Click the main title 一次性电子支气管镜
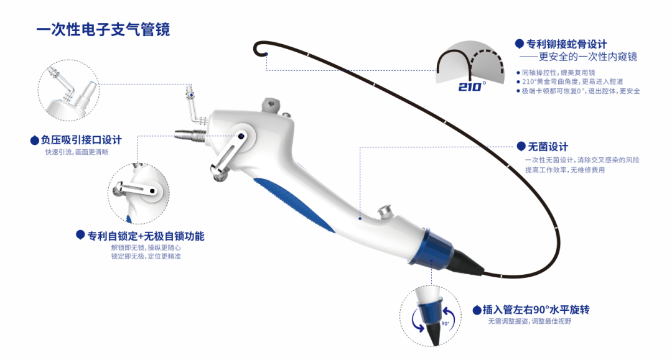(x=103, y=30)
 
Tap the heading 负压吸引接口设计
(x=82, y=140)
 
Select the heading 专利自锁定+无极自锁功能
(x=146, y=236)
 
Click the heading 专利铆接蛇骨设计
(x=567, y=44)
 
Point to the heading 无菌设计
(x=548, y=147)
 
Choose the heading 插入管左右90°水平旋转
(x=536, y=310)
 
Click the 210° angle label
(x=472, y=87)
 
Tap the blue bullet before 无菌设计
(x=521, y=146)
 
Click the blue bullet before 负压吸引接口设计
(x=35, y=140)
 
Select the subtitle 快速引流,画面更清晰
(x=77, y=152)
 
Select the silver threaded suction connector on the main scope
(x=191, y=135)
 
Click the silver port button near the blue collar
(x=384, y=211)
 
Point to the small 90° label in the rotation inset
(x=446, y=323)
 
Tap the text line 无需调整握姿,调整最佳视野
(x=530, y=321)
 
